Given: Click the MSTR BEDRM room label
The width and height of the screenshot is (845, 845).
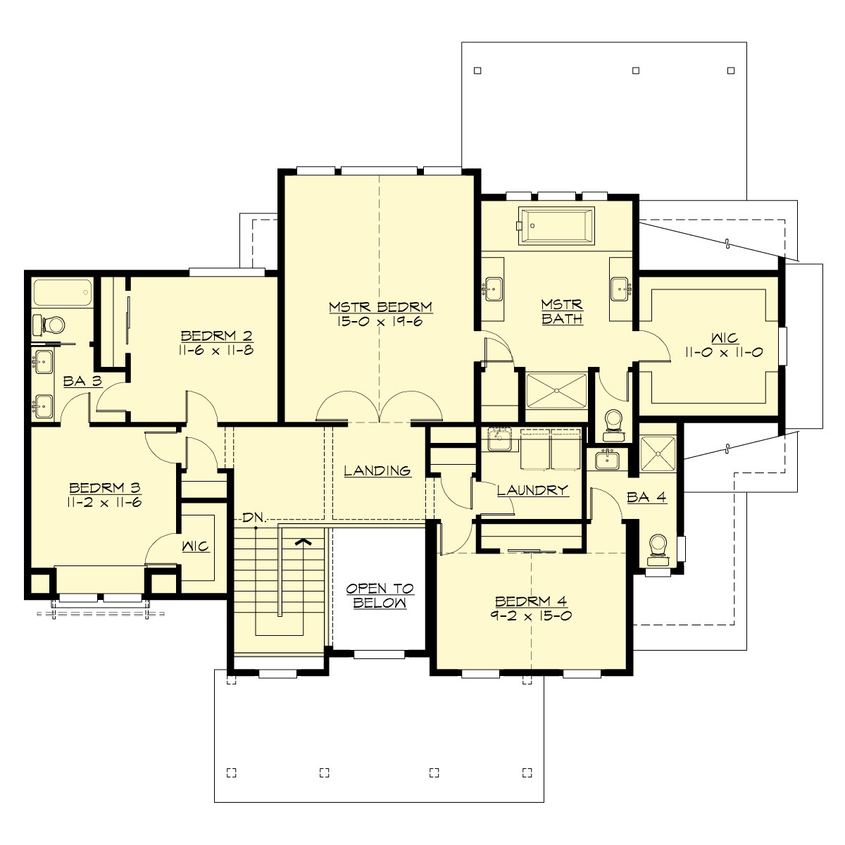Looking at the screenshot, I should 380,307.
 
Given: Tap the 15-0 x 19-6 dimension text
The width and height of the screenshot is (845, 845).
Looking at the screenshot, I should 380,320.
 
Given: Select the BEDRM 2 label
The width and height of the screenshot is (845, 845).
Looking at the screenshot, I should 216,335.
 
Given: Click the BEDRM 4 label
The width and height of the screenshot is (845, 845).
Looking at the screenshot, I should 531,601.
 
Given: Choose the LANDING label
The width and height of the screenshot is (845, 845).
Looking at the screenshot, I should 377,470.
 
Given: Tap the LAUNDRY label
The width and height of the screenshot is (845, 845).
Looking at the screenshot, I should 532,490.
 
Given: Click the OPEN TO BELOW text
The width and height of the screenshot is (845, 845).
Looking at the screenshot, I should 379,596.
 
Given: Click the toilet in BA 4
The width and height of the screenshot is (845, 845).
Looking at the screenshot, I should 658,548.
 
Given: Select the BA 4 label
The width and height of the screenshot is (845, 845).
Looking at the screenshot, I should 646,498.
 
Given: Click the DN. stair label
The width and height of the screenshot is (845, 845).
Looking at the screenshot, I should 253,518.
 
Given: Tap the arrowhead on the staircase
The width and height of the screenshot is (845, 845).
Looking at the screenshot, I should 303,542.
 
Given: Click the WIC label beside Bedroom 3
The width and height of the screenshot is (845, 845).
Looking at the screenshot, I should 196,546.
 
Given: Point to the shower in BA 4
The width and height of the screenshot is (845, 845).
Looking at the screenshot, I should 658,451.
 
